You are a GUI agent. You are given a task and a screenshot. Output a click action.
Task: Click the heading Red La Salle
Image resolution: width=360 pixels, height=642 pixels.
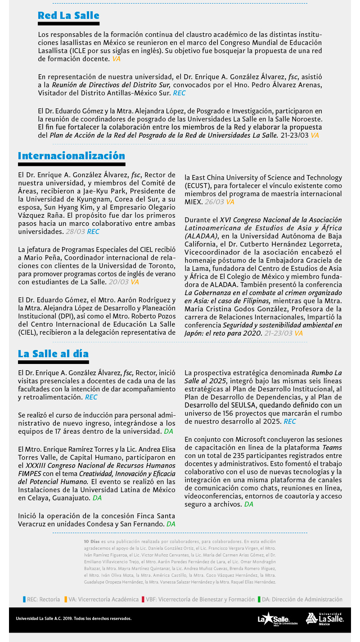[68, 16]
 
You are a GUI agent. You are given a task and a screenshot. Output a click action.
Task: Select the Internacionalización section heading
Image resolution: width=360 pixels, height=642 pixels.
[72, 156]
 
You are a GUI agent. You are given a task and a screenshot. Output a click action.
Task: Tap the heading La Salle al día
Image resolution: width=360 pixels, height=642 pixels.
[53, 354]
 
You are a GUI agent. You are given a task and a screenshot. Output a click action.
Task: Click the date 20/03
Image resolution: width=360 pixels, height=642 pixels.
[119, 282]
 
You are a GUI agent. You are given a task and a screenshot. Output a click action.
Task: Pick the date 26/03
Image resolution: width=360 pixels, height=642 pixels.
[214, 202]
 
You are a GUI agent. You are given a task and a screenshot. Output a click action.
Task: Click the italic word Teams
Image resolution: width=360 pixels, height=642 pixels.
[332, 448]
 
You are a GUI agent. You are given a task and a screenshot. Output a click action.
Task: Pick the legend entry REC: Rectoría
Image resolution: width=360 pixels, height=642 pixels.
[41, 599]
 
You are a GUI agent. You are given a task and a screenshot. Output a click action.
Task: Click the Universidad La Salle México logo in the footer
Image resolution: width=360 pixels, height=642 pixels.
[324, 619]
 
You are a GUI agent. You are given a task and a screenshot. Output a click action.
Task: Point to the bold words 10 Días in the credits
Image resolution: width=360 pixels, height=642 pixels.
[92, 542]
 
